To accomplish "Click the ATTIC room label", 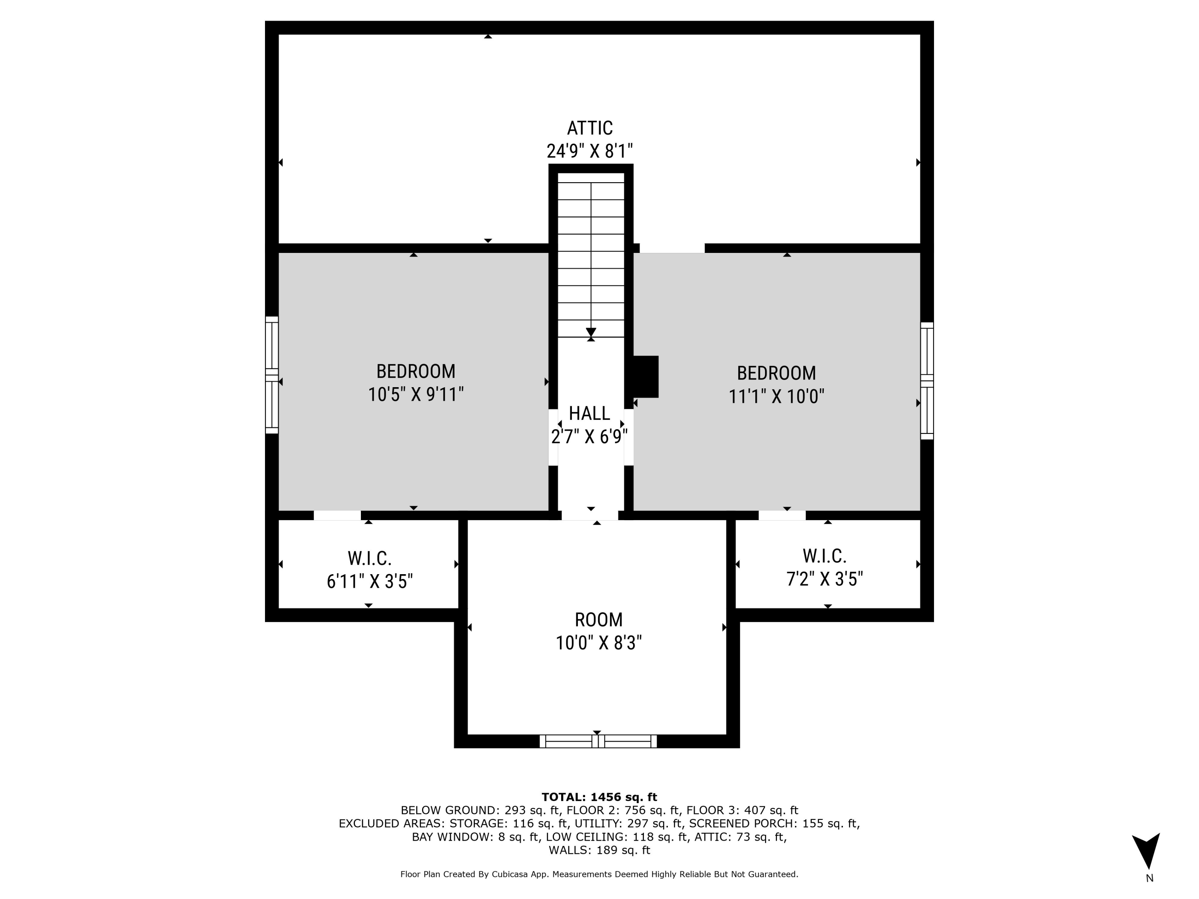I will coord(590,128).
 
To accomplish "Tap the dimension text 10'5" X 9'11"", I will coord(416,394).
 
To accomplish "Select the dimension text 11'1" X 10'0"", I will coord(776,397).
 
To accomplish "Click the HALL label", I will coord(589,414).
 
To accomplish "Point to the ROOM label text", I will coord(598,619).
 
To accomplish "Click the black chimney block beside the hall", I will coord(645,377).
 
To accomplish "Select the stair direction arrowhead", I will coord(591,332).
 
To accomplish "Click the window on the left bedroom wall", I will coord(271,375).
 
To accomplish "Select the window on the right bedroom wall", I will coord(927,381).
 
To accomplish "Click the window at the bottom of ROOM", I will coord(598,741).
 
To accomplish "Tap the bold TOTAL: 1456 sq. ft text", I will coord(599,797).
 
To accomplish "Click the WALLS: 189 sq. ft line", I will coord(599,850).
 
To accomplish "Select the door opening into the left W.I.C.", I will coord(337,515).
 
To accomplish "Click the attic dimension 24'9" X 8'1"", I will coord(590,151).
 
